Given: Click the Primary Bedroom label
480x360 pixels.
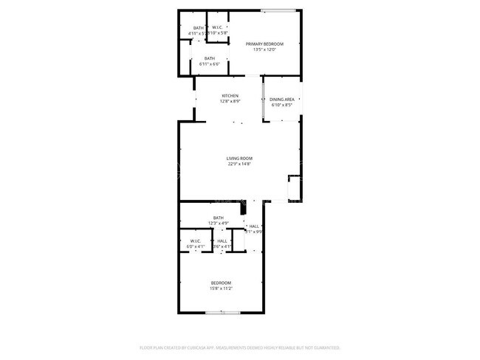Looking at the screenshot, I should point(264,44).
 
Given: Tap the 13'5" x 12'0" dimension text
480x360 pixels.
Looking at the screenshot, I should point(264,50).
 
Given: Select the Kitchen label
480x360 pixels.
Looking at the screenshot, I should point(230,96).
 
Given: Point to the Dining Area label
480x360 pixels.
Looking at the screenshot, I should point(282,100).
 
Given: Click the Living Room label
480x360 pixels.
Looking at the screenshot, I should point(239,159).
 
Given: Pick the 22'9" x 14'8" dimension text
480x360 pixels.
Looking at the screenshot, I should point(239,165).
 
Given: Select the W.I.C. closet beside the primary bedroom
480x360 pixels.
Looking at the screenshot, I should point(217,30).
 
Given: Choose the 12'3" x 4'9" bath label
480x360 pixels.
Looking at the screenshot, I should point(219,220).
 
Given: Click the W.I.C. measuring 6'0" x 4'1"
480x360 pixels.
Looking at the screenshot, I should point(196,243).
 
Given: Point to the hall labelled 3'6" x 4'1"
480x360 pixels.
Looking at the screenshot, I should point(222,243).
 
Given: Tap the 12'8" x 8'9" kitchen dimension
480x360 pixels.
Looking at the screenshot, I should point(230,102).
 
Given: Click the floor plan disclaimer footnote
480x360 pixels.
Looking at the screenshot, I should point(239,347).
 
